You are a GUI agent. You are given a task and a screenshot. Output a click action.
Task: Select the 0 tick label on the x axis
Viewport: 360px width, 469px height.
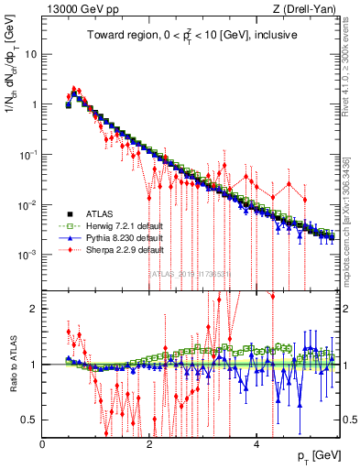[x=43, y=444]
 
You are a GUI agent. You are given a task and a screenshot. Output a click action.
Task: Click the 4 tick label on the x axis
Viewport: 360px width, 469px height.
[x=257, y=444]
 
